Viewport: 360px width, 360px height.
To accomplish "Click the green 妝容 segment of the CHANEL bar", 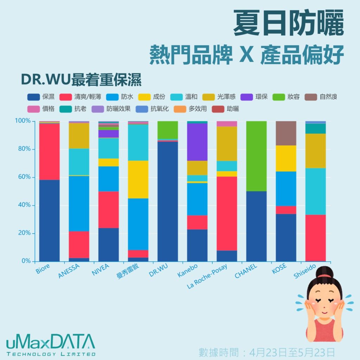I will (256, 156).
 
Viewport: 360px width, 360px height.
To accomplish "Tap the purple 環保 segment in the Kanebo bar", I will (197, 142).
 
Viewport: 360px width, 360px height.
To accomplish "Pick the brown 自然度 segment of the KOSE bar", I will (285, 133).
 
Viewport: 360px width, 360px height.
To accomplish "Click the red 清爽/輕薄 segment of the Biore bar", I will (49, 152).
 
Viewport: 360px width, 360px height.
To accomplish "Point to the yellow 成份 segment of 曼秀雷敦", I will (138, 179).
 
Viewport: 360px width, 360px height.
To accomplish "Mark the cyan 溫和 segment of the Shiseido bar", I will (315, 191).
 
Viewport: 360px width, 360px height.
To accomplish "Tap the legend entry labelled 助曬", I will (225, 109).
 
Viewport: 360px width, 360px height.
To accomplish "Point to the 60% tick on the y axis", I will (25, 177).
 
